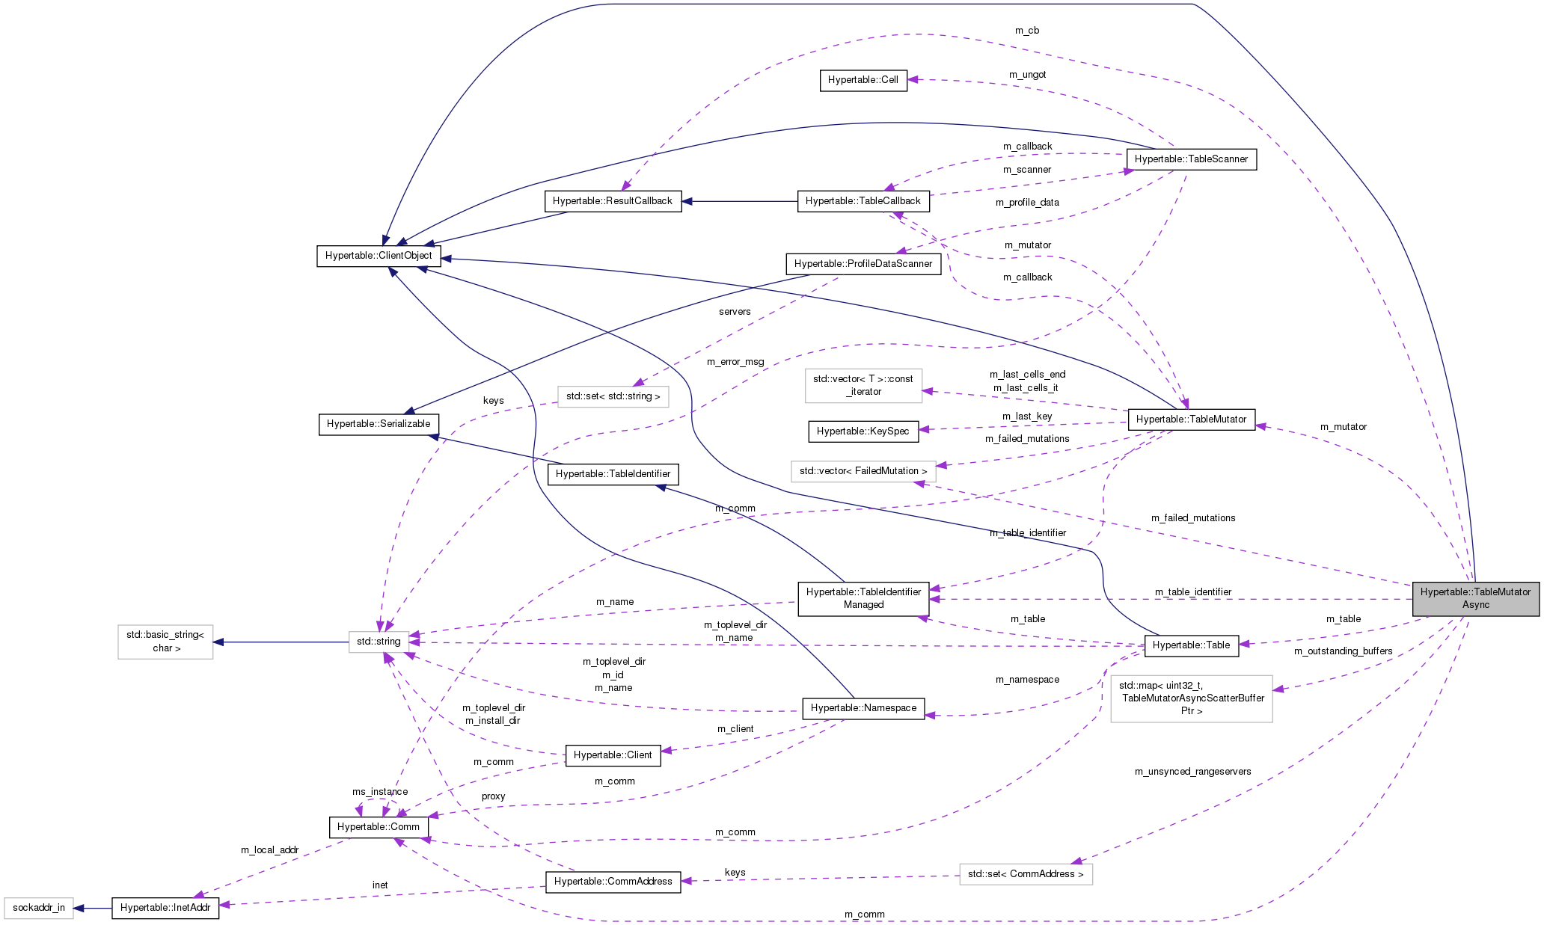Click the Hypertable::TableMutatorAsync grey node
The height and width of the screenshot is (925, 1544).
[x=1475, y=598]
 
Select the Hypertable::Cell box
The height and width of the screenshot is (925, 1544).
[x=863, y=80]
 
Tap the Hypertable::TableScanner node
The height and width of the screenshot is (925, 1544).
[x=1191, y=159]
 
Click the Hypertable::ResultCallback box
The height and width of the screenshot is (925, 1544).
[x=612, y=201]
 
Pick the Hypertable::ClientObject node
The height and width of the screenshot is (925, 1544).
[x=379, y=256]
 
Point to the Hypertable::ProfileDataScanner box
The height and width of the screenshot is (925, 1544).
[x=863, y=264]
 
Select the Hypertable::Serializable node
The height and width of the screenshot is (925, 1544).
[x=379, y=424]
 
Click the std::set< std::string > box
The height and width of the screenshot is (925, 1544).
[x=613, y=396]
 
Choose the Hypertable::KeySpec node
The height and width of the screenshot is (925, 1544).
[x=863, y=431]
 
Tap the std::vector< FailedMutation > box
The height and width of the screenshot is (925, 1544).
[x=863, y=471]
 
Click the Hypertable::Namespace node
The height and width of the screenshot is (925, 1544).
[x=863, y=708]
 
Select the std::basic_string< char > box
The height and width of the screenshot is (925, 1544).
[x=165, y=642]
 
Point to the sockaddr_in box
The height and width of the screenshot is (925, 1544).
[x=39, y=908]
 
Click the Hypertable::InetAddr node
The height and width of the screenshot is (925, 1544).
[x=165, y=908]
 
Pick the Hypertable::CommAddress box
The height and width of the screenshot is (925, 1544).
[x=613, y=882]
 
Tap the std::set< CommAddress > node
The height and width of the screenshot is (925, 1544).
[x=1026, y=874]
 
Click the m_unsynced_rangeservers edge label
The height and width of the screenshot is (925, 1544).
[x=1192, y=772]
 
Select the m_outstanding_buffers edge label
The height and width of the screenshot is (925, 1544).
[x=1343, y=651]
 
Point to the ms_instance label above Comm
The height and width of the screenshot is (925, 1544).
[x=380, y=792]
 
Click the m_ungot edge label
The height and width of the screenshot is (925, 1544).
[x=1027, y=75]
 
